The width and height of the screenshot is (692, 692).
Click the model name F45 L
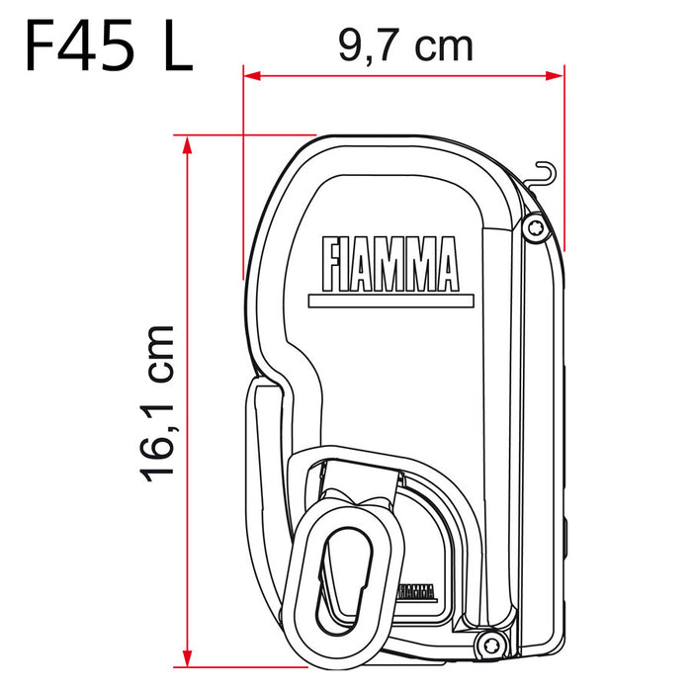(x=107, y=44)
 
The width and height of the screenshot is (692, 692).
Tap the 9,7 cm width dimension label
(x=405, y=44)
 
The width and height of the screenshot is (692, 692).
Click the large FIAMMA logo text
(x=389, y=262)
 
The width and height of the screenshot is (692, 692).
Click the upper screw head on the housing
(x=535, y=227)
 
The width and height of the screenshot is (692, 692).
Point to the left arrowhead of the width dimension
(x=250, y=74)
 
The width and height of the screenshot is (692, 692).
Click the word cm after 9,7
(x=443, y=44)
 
